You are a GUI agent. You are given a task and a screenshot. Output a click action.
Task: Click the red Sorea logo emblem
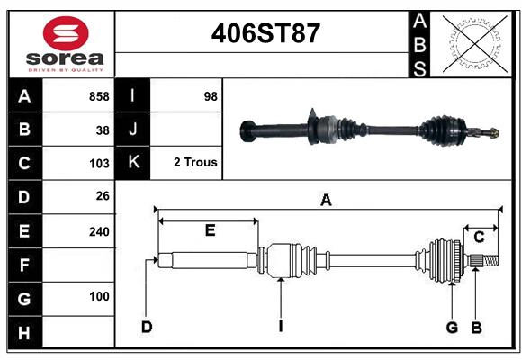(66, 33)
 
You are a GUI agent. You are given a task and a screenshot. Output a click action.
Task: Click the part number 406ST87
(265, 33)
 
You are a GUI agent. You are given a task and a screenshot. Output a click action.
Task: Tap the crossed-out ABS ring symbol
(475, 43)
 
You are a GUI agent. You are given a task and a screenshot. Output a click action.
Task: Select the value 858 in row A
(99, 96)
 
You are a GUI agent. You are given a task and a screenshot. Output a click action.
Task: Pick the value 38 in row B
(103, 130)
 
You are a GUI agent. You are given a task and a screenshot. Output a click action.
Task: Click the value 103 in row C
(99, 164)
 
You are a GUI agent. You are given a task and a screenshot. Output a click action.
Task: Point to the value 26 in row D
(103, 196)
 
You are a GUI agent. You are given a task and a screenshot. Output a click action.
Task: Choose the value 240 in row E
(99, 232)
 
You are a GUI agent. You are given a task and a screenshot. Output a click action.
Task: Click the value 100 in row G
(99, 296)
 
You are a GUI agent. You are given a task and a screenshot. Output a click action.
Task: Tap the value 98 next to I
(211, 96)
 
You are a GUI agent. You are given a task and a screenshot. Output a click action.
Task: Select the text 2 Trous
(195, 162)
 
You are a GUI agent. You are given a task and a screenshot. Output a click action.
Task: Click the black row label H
(25, 332)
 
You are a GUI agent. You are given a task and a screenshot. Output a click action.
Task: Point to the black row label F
(25, 265)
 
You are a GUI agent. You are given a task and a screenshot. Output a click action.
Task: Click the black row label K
(133, 163)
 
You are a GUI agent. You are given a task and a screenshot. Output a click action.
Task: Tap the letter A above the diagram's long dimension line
(326, 201)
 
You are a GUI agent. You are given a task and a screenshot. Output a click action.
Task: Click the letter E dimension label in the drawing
(210, 230)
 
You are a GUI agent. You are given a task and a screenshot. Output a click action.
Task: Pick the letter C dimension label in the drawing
(479, 238)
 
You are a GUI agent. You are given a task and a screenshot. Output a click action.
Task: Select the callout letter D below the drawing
(147, 327)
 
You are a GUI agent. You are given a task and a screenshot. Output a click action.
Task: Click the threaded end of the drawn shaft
(490, 261)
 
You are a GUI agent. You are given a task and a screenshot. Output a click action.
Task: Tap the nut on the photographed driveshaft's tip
(494, 133)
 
